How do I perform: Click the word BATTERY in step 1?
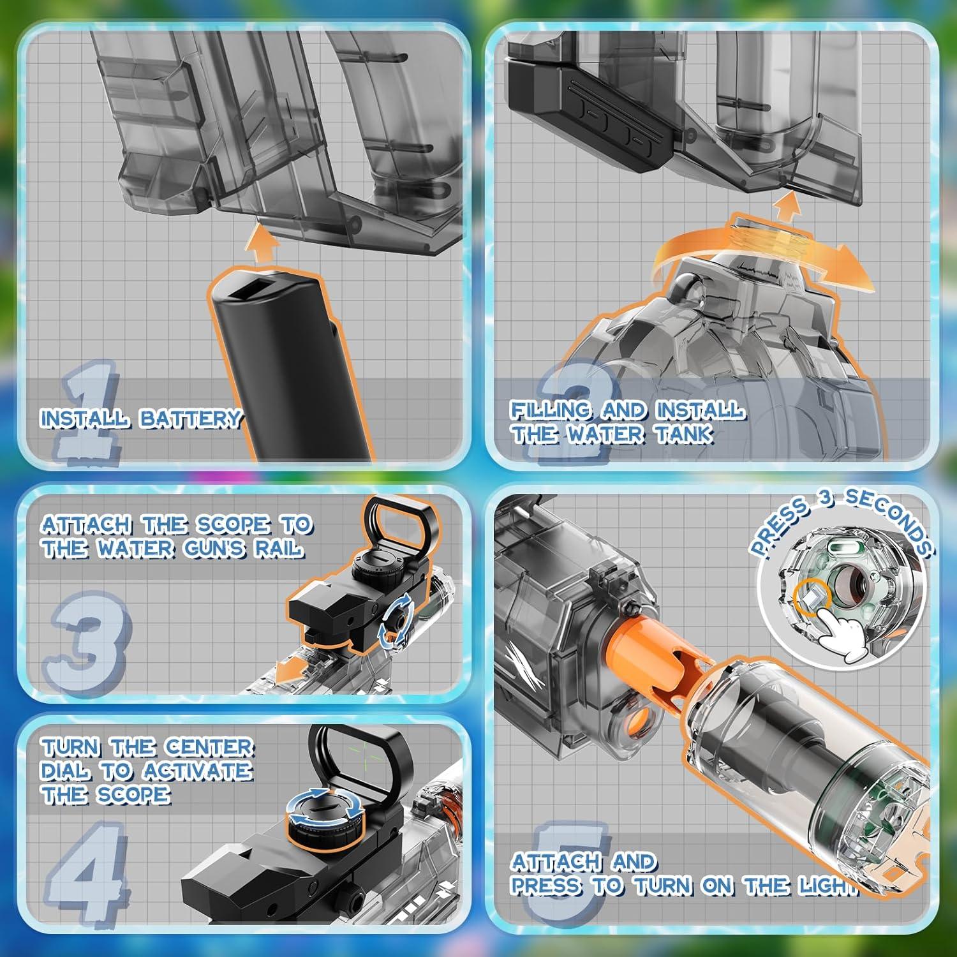190,419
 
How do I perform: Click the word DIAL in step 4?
66,771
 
